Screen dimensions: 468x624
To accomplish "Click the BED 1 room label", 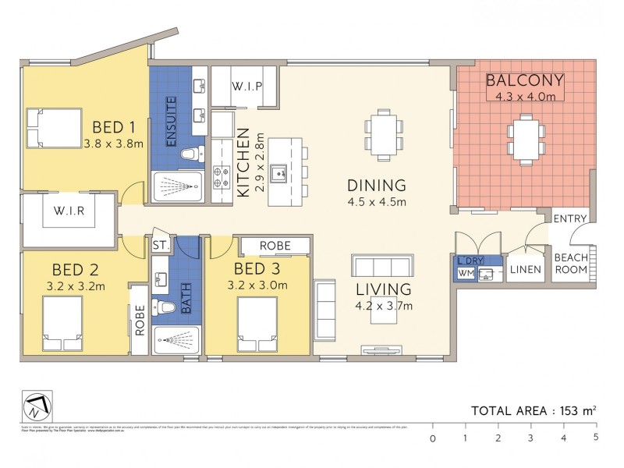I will point(114,127).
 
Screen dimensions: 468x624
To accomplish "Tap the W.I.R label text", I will point(69,211).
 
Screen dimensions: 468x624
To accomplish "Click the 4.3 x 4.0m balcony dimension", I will point(524,97).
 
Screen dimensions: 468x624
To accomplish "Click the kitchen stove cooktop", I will point(220,179).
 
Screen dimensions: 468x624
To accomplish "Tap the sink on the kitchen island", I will point(282,171).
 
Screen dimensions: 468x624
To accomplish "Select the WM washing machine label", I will point(466,274).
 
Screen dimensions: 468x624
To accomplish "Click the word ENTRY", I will point(569,219).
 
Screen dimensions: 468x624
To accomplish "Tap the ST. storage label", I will point(161,246).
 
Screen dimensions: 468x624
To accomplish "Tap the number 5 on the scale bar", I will point(595,438).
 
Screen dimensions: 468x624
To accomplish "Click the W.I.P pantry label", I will point(246,87).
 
